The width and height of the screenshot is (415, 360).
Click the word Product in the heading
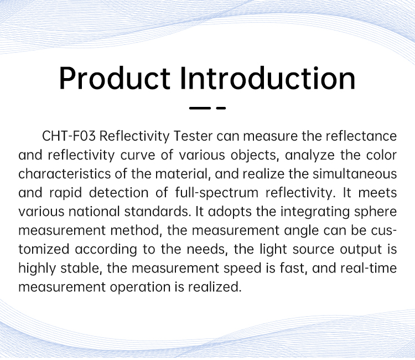115,79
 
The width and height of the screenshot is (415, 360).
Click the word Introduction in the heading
268,78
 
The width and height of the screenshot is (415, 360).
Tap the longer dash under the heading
200,108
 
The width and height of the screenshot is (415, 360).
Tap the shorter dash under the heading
221,108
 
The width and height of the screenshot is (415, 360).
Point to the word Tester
193,136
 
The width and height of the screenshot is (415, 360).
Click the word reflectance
361,136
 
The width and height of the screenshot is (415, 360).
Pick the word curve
138,155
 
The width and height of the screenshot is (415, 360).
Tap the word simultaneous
355,174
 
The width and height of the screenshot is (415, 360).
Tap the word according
106,250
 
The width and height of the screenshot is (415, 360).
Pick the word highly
37,269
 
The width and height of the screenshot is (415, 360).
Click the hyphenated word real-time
369,268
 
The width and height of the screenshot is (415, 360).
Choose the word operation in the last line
140,287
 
